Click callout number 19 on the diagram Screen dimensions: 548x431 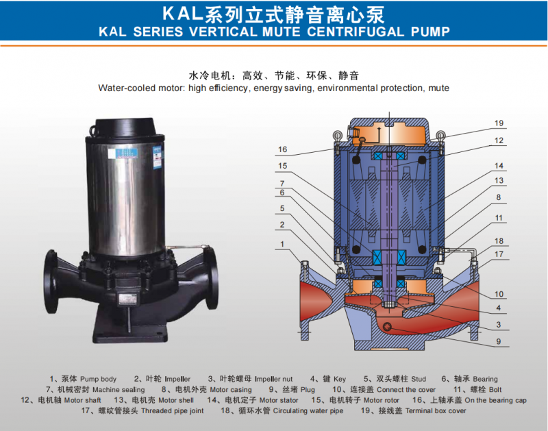499,123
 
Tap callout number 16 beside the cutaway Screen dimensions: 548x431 282,149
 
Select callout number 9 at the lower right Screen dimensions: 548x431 499,341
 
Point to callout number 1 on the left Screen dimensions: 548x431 282,244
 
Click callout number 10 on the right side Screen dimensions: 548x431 499,295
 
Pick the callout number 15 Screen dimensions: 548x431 282,166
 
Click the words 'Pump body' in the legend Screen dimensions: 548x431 98,379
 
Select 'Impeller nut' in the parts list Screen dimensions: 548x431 273,379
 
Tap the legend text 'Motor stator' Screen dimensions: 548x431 279,400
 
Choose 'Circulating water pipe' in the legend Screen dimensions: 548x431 308,410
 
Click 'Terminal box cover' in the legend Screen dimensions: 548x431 436,410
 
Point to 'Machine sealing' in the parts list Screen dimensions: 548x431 119,390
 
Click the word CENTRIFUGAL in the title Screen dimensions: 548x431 356,32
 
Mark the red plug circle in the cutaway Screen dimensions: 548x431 387,327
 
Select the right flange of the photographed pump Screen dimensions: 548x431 212,278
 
